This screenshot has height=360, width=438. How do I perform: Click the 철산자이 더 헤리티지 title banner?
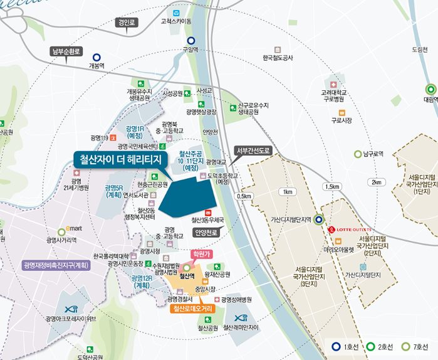(x=118, y=159)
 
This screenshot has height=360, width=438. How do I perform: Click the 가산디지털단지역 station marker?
(x=319, y=220)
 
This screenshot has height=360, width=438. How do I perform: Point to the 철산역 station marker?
(x=186, y=268)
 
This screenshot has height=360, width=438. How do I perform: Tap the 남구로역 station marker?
(x=358, y=154)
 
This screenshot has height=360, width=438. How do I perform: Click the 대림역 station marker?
(x=429, y=89)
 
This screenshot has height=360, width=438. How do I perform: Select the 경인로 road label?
(x=126, y=23)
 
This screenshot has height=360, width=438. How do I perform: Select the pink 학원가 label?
(x=199, y=254)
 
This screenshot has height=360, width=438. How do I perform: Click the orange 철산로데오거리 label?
(x=193, y=309)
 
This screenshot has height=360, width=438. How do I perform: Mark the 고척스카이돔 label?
(x=175, y=21)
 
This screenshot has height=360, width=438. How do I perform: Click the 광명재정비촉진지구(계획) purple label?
(x=56, y=265)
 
